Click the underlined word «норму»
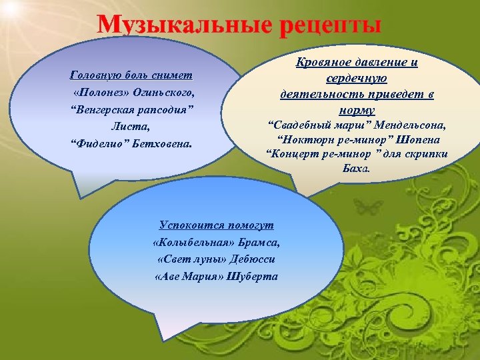(356, 110)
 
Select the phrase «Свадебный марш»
(307, 126)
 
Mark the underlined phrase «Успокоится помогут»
(216, 226)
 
